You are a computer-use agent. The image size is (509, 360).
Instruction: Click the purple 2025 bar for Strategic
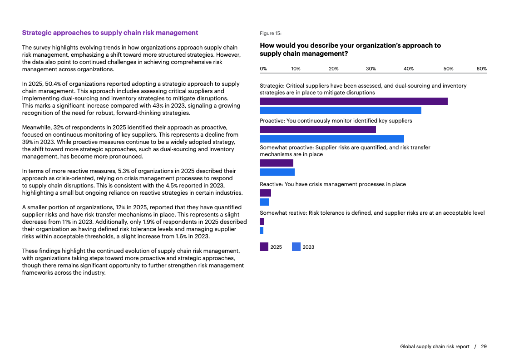click(x=353, y=101)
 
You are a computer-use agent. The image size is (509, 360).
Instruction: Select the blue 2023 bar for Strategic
click(x=340, y=110)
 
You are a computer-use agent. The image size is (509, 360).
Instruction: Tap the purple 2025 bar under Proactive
click(x=317, y=129)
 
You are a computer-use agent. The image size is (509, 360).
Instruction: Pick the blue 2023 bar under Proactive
click(x=331, y=139)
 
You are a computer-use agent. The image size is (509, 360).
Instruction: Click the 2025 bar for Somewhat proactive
click(x=276, y=163)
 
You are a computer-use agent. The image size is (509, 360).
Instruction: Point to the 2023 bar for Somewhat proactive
click(x=277, y=172)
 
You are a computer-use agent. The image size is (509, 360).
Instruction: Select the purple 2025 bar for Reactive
click(x=265, y=193)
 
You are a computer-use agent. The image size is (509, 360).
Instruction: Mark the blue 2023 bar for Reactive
click(x=264, y=202)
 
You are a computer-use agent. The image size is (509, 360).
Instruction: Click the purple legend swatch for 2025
click(x=264, y=247)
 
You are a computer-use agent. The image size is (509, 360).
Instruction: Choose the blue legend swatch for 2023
click(x=296, y=247)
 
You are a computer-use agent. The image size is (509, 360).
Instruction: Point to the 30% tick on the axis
click(x=371, y=69)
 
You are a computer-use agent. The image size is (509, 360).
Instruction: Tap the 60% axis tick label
click(x=481, y=69)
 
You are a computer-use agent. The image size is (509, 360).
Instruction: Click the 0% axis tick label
click(x=263, y=69)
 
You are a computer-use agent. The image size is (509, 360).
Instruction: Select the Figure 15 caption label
click(x=270, y=33)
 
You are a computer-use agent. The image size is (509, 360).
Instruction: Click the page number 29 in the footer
click(x=484, y=346)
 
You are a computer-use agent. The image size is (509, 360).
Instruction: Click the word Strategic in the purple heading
click(x=37, y=33)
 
